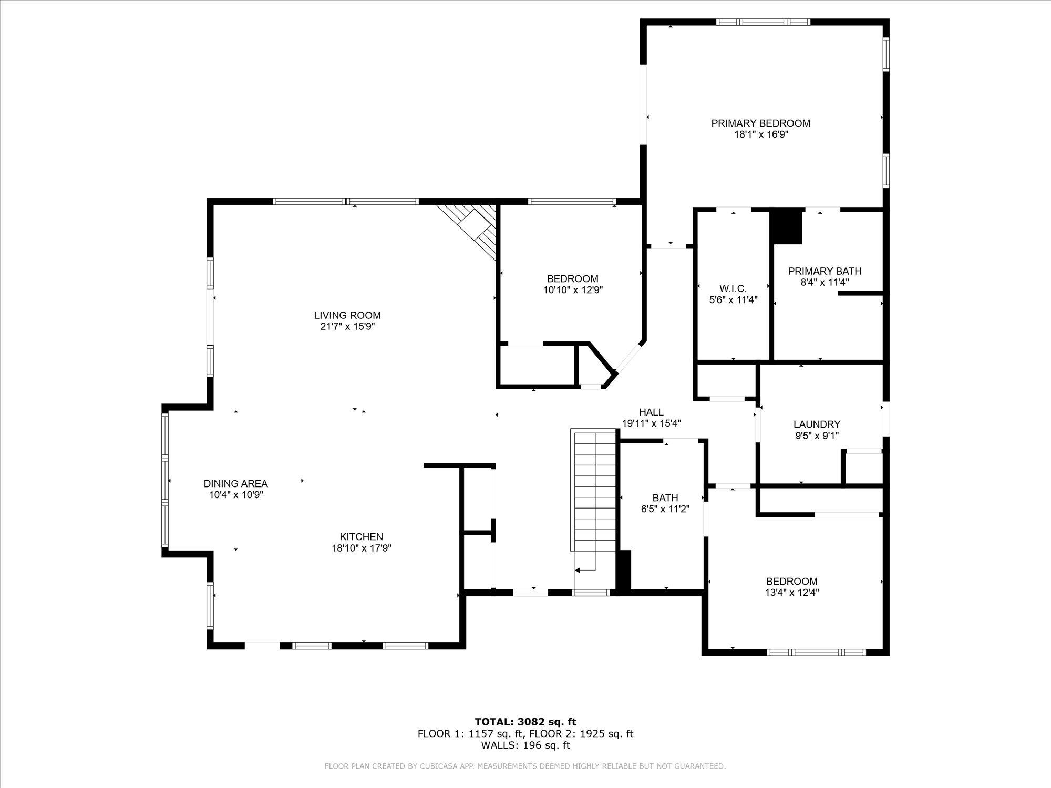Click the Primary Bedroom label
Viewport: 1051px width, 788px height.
click(x=760, y=123)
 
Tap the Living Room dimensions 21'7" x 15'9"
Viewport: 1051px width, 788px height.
click(x=347, y=326)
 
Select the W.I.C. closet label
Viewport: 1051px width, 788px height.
click(x=733, y=289)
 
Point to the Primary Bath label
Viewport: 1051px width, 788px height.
click(x=825, y=271)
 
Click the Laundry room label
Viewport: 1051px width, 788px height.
click(x=817, y=424)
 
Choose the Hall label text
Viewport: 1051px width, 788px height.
click(x=651, y=412)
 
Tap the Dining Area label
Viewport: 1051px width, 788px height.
click(x=235, y=484)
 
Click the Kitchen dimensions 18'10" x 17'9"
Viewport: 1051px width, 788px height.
click(x=361, y=548)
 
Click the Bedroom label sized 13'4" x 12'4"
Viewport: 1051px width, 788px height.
click(x=791, y=581)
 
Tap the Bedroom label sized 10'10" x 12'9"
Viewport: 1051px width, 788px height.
click(x=572, y=279)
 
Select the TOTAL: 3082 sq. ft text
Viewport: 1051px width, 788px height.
click(x=525, y=722)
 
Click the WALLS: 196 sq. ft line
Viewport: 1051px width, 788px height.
click(x=525, y=745)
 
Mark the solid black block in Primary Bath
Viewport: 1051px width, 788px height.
click(x=787, y=226)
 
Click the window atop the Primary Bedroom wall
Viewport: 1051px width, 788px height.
click(x=763, y=22)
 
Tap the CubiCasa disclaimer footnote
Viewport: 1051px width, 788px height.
click(x=525, y=766)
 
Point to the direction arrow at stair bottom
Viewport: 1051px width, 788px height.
click(x=578, y=570)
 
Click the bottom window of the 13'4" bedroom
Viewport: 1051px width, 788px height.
click(x=816, y=652)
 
